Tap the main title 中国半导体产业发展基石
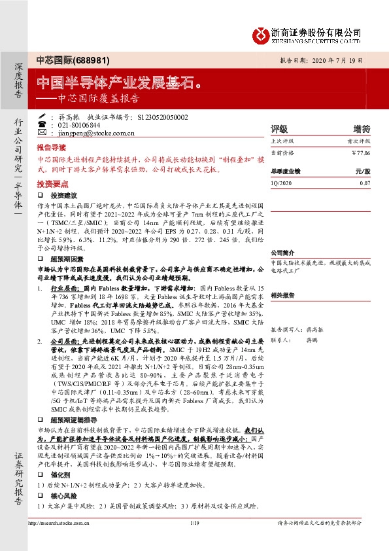118,82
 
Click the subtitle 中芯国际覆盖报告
98,99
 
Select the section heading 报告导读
52,149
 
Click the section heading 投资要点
52,184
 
